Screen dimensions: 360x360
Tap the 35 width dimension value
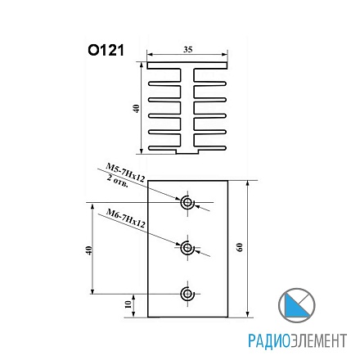pyautogui.click(x=188, y=51)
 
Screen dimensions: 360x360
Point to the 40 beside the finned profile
pyautogui.click(x=136, y=108)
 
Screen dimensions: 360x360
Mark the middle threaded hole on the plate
pyautogui.click(x=187, y=248)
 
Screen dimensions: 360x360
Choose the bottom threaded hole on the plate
pyautogui.click(x=187, y=293)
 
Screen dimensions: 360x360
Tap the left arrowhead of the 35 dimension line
pyautogui.click(x=148, y=56)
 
